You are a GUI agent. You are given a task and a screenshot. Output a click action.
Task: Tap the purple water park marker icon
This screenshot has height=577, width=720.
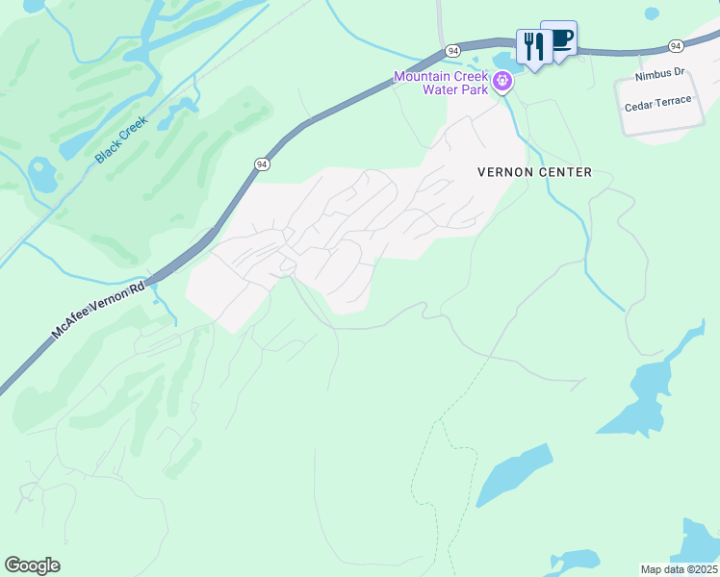pyautogui.click(x=501, y=84)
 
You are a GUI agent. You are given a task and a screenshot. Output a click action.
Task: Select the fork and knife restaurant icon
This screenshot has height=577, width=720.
pyautogui.click(x=532, y=46)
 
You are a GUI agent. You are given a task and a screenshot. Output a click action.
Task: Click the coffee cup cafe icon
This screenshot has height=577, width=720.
pyautogui.click(x=559, y=38)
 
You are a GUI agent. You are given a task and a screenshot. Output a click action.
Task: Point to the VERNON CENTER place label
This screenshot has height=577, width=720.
pyautogui.click(x=534, y=172)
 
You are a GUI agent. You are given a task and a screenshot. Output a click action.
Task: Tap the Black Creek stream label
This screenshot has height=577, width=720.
pyautogui.click(x=121, y=140)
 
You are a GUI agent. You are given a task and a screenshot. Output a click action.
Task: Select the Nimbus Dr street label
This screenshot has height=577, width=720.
pyautogui.click(x=659, y=73)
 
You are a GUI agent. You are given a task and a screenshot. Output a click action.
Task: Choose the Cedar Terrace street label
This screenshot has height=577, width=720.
pyautogui.click(x=658, y=102)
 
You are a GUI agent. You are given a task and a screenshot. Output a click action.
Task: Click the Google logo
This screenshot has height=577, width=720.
pyautogui.click(x=32, y=565)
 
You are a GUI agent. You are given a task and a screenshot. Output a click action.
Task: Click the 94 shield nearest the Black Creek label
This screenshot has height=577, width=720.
pyautogui.click(x=262, y=164)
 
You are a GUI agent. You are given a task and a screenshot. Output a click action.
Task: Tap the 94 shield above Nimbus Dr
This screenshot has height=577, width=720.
pyautogui.click(x=676, y=45)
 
